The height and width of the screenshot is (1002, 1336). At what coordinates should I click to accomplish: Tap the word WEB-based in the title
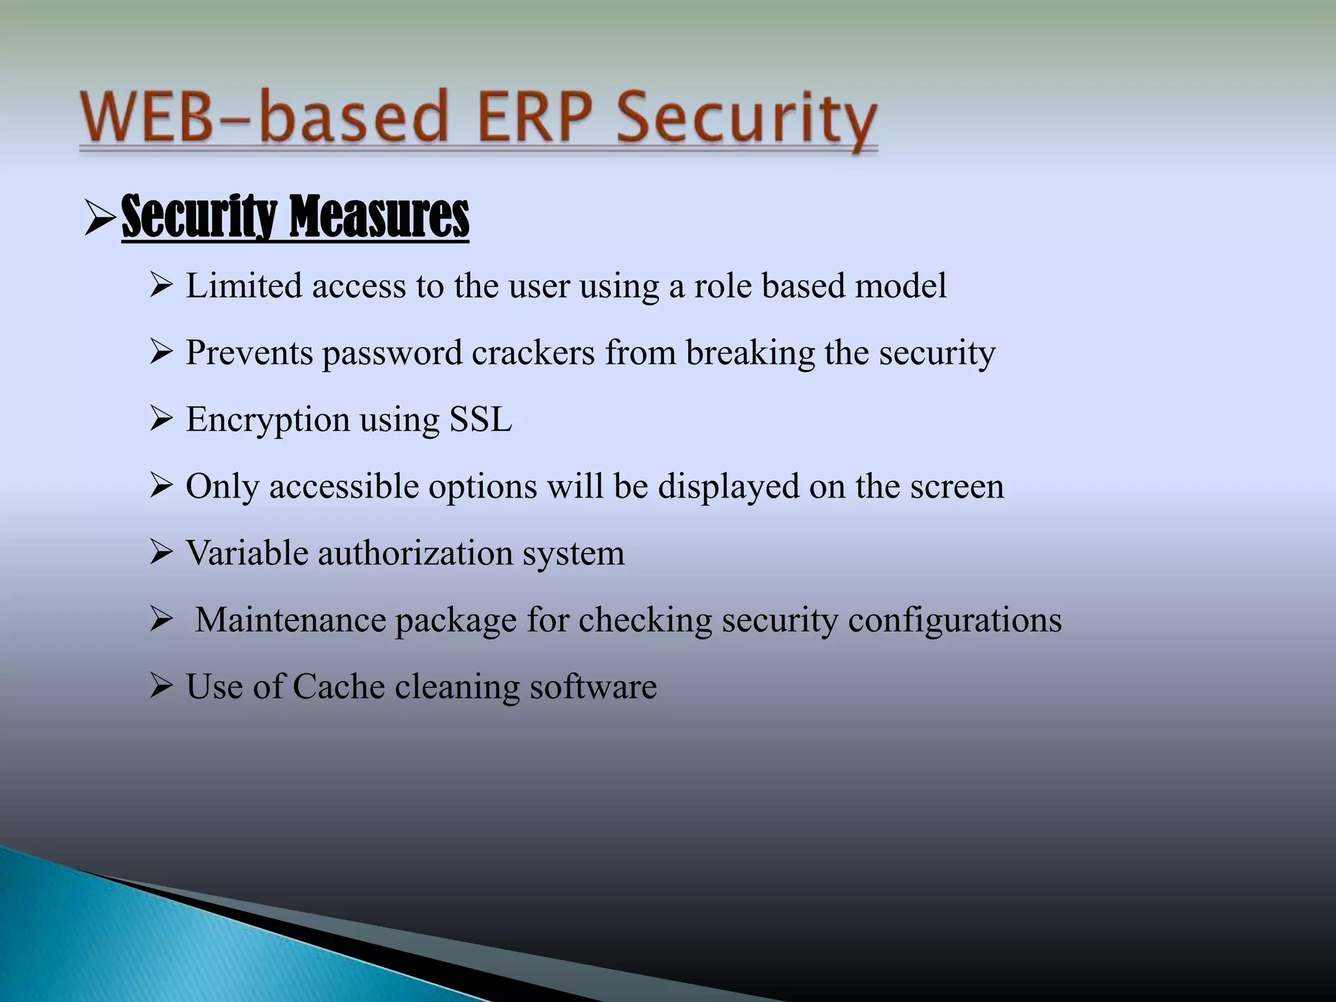click(x=264, y=118)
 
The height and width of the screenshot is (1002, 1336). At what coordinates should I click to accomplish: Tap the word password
click(x=392, y=354)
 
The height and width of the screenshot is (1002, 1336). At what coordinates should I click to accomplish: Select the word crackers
click(x=533, y=353)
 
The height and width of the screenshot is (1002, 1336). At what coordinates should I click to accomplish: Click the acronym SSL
click(x=481, y=419)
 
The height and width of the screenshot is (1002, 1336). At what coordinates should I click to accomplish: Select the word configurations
click(x=955, y=621)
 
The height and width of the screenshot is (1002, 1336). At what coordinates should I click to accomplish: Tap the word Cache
click(x=339, y=686)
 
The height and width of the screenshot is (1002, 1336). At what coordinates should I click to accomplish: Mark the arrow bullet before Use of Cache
click(x=160, y=686)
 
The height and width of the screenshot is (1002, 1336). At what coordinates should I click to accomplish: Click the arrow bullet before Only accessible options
click(x=160, y=487)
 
